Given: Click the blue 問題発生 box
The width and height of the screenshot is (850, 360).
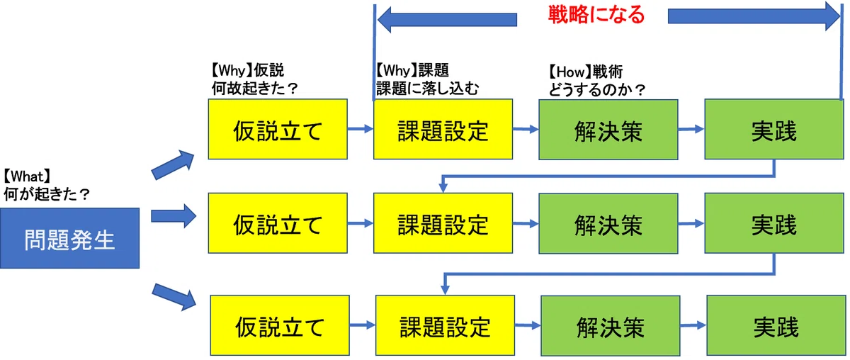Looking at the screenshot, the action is click(x=70, y=238).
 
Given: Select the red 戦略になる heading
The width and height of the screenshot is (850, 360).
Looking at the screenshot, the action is click(x=596, y=15).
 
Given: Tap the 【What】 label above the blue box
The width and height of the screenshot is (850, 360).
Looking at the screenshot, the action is click(x=27, y=176).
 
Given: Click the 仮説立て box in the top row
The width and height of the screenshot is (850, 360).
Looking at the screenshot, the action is click(x=278, y=129).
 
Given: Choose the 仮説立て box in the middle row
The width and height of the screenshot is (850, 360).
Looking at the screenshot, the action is click(x=278, y=223).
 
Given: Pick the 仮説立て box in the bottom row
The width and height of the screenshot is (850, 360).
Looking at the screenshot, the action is click(x=280, y=325).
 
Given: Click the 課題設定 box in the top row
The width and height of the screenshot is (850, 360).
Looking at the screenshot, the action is click(x=443, y=129).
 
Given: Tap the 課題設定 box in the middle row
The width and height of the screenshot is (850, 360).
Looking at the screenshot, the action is click(x=443, y=223).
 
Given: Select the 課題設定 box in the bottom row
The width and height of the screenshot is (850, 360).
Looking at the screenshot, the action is click(x=445, y=325).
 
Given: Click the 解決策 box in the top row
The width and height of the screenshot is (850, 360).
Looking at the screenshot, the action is click(x=608, y=130).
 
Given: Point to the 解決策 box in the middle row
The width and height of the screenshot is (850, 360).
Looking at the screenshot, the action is click(x=608, y=223).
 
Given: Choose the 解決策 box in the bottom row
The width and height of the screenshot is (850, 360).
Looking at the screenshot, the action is click(x=611, y=326).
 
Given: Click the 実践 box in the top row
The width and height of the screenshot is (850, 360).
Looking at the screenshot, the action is click(x=774, y=129).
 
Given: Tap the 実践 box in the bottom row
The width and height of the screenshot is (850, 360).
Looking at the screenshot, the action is click(x=776, y=325).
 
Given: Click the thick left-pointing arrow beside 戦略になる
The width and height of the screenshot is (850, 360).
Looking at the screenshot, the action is click(x=447, y=20).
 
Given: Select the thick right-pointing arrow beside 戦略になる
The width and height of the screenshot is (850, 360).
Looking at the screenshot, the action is click(x=754, y=17).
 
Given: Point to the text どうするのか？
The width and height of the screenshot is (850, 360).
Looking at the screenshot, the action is click(x=596, y=90).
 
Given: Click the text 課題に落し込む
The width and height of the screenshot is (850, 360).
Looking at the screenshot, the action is click(x=428, y=89).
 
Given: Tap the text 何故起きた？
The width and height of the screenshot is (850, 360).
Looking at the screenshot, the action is click(x=255, y=89).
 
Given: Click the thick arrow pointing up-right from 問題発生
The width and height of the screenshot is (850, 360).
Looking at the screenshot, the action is click(x=173, y=164).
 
